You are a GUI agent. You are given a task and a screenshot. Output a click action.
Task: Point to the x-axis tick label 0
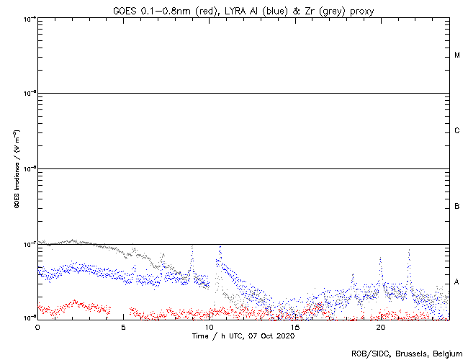point(37,327)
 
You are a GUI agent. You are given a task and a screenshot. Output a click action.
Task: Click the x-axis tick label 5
point(123,327)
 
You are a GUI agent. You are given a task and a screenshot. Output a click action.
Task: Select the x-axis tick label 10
point(209,327)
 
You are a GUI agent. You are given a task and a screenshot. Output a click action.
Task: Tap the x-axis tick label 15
point(294,327)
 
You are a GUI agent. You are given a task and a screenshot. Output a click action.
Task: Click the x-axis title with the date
point(243,336)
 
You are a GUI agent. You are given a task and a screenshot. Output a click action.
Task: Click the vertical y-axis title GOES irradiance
point(16,169)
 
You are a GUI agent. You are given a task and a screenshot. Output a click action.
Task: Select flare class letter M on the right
point(457,55)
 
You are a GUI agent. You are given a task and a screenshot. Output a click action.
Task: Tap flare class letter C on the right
point(457,131)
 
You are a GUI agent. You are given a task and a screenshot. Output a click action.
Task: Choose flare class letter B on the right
point(457,207)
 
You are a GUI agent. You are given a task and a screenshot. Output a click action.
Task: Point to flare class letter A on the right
point(457,282)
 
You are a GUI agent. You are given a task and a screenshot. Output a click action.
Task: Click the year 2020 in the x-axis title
point(286,336)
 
